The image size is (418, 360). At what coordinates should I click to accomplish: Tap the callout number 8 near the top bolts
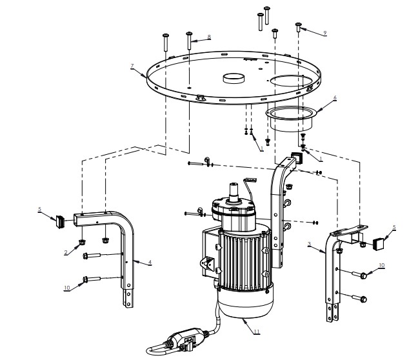click(x=208, y=37)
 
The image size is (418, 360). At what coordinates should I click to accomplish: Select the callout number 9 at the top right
click(x=325, y=32)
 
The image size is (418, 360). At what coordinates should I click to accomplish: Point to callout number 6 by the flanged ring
click(x=335, y=98)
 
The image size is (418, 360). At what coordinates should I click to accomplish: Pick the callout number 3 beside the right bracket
click(x=310, y=245)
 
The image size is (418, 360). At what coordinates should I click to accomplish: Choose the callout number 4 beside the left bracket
click(x=150, y=262)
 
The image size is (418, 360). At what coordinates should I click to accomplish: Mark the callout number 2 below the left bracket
click(x=65, y=252)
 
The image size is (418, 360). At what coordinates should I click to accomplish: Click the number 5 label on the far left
click(x=40, y=209)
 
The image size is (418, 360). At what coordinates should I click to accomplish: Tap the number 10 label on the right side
click(x=381, y=266)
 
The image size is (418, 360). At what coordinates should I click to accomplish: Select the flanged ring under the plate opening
click(x=290, y=118)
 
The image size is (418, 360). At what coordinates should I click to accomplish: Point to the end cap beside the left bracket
click(x=59, y=221)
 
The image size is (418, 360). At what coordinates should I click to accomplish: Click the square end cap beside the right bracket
click(x=381, y=243)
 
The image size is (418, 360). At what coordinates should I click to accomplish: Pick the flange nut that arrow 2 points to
click(x=83, y=243)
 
